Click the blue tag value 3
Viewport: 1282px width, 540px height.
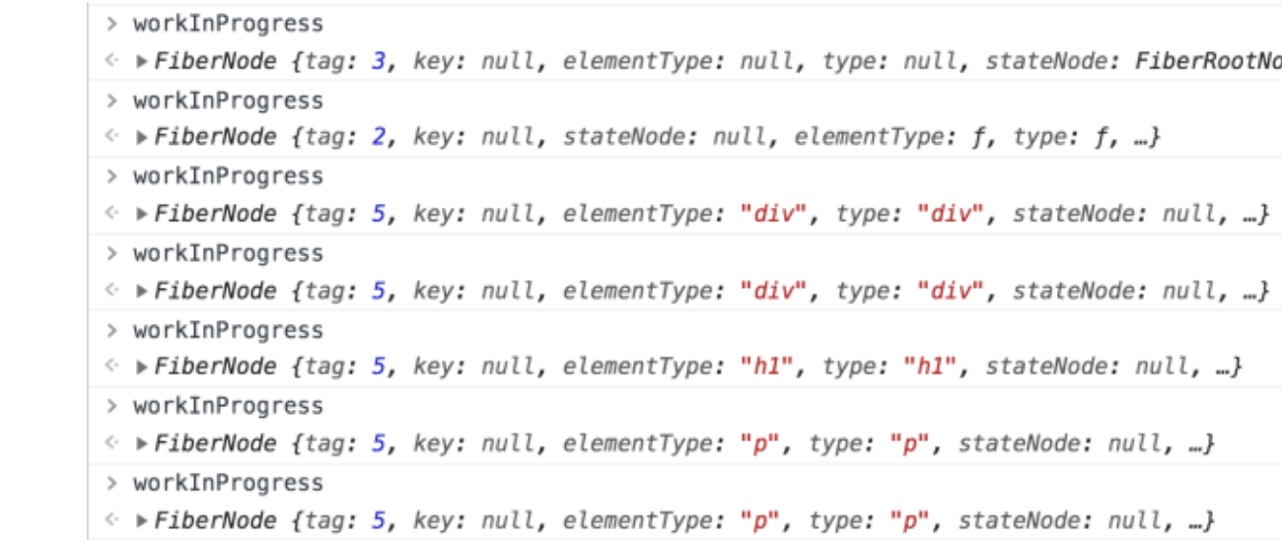coord(379,61)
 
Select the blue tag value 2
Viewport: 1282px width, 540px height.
coord(379,137)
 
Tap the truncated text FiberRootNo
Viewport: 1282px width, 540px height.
coord(1208,61)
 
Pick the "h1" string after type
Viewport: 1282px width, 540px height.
coord(929,367)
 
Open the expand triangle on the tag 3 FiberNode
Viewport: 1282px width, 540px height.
coord(141,61)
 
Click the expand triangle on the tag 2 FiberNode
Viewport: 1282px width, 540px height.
coord(141,138)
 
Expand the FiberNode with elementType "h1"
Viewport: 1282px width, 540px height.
coord(141,368)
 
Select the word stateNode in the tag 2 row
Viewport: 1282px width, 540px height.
coord(624,137)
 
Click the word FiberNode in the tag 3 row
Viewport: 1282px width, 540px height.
coord(215,61)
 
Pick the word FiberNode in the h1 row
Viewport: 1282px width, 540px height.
coord(215,367)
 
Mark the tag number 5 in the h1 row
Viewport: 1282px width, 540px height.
coord(379,367)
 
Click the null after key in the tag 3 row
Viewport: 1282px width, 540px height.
coord(508,61)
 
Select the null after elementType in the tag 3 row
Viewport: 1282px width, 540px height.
coord(767,61)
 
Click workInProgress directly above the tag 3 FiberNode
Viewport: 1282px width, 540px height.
coord(228,24)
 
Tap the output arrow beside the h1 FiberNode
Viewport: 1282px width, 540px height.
coord(112,365)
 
